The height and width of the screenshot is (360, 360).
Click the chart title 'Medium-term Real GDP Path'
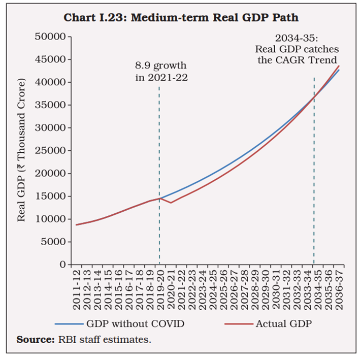pyautogui.click(x=180, y=18)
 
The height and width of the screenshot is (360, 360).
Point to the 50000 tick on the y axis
pyautogui.click(x=52, y=37)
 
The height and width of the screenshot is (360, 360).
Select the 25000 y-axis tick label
pyautogui.click(x=52, y=150)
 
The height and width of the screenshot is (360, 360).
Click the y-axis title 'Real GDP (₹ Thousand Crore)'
pyautogui.click(x=21, y=150)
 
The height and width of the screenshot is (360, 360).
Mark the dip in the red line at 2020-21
pyautogui.click(x=171, y=203)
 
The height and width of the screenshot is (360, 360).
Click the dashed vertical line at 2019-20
pyautogui.click(x=159, y=152)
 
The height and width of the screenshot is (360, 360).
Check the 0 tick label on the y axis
pyautogui.click(x=62, y=265)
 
